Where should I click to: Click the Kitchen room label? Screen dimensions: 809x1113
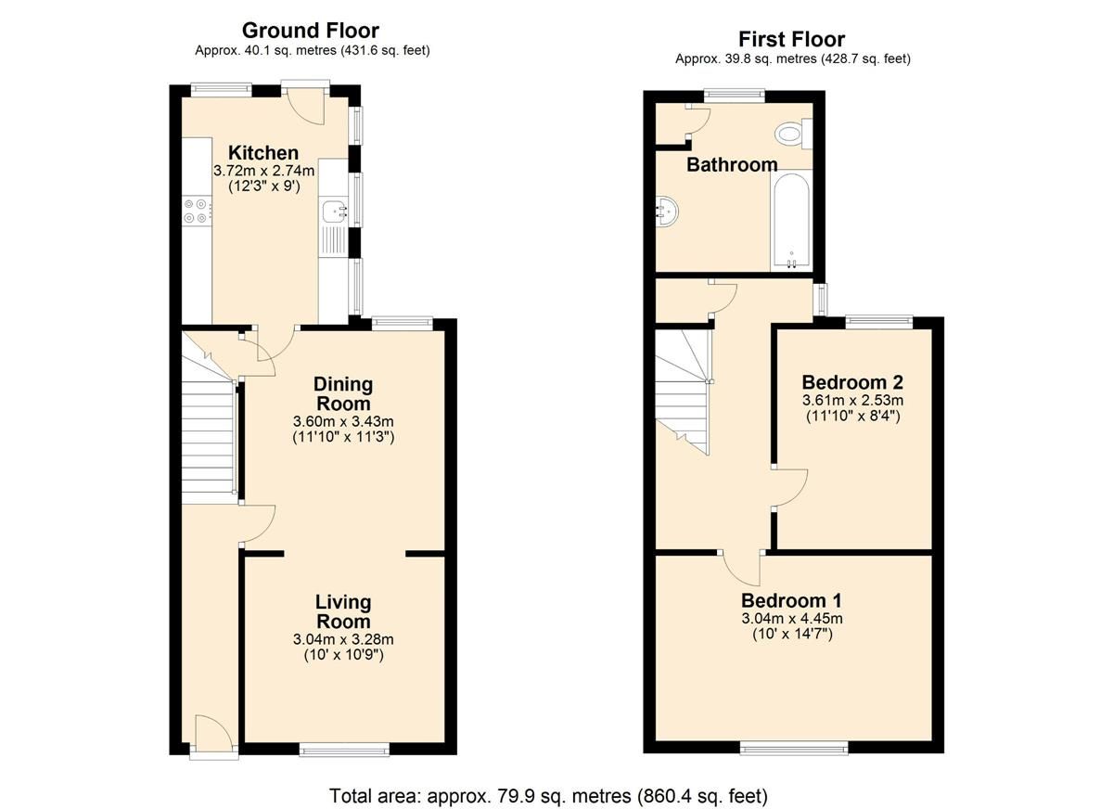click(x=263, y=153)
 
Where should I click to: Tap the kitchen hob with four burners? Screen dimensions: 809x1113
click(x=196, y=212)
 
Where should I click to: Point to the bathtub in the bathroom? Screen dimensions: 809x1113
click(x=791, y=221)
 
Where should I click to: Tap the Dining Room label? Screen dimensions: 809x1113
click(x=343, y=393)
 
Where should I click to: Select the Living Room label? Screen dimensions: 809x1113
click(x=342, y=612)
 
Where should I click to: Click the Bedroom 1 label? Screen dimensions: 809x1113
click(x=791, y=599)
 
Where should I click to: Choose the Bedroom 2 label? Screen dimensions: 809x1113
click(x=852, y=382)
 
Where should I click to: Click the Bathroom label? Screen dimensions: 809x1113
click(x=732, y=165)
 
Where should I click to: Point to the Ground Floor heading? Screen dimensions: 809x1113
click(x=311, y=31)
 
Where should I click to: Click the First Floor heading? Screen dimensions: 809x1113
click(x=791, y=39)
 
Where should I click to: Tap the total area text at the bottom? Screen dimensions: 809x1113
click(x=548, y=795)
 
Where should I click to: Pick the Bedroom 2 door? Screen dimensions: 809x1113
click(x=789, y=488)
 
